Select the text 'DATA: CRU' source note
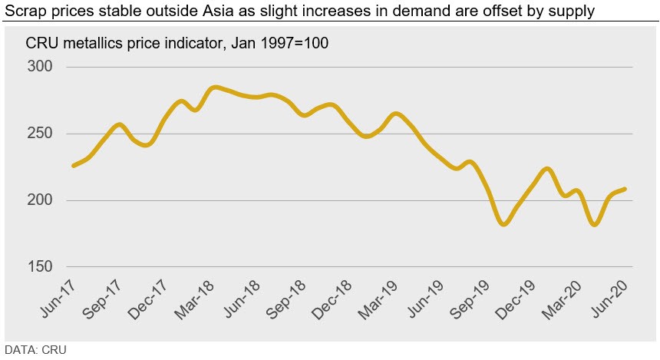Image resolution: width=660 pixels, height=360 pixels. pos(35,351)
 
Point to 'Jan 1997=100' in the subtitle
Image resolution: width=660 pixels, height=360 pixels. pos(285,43)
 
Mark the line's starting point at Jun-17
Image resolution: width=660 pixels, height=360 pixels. pos(73,166)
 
